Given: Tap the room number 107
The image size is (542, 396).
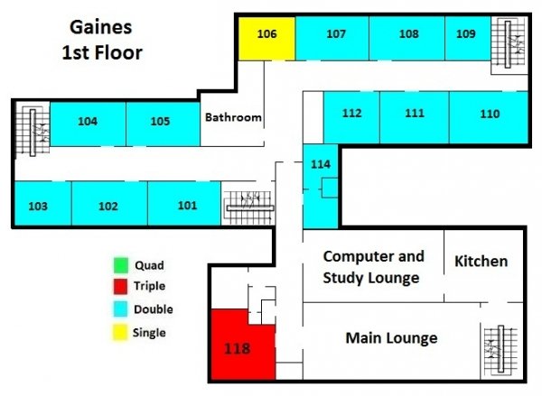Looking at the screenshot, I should click(336, 34).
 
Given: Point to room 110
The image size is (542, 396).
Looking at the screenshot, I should click(490, 115).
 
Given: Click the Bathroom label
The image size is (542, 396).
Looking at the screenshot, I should click(233, 117).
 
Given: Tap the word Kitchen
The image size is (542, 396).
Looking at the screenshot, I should click(481, 262).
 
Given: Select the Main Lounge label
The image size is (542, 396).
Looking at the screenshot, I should click(391, 338).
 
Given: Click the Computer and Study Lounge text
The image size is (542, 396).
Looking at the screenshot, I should click(372, 267).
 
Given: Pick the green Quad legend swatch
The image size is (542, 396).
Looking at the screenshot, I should click(118, 265).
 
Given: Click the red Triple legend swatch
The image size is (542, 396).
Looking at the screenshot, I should click(118, 287).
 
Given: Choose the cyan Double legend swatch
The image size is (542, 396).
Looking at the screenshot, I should click(118, 309).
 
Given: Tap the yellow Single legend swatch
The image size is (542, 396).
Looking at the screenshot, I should click(118, 332).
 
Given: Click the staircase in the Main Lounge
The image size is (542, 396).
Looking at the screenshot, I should click(495, 350).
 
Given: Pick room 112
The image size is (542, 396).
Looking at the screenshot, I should click(352, 114).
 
